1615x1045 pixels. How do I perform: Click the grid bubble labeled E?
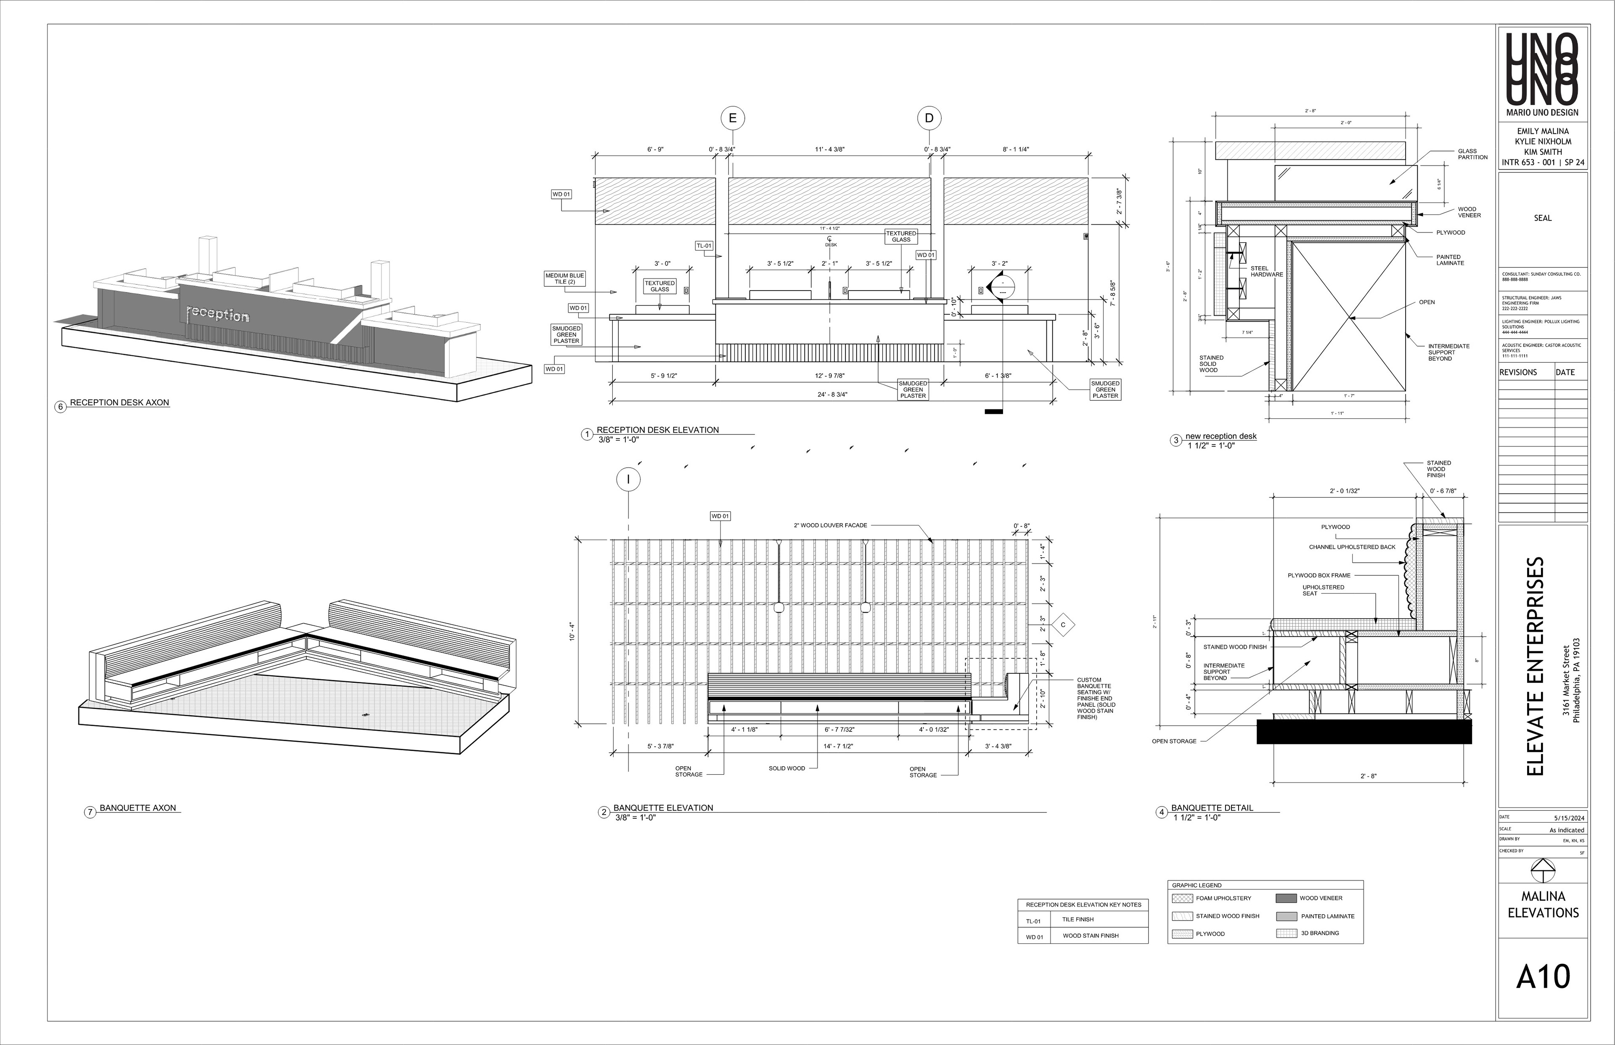coord(732,118)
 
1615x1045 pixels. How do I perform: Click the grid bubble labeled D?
coord(929,118)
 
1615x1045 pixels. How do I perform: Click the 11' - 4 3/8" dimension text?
coord(830,149)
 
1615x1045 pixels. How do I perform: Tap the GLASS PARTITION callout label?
coord(1472,154)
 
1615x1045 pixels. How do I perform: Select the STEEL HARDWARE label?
coord(1266,271)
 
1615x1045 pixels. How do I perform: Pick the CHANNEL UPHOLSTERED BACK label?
coord(1352,547)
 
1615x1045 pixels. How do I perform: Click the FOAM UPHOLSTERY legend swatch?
coord(1183,898)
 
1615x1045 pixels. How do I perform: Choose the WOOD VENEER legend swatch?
coord(1286,898)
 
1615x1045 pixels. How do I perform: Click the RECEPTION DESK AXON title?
coord(119,402)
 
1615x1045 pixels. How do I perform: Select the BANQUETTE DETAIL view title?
coord(1212,807)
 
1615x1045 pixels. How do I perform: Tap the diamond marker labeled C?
coord(1063,624)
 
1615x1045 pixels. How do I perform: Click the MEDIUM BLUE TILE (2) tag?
coord(564,279)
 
